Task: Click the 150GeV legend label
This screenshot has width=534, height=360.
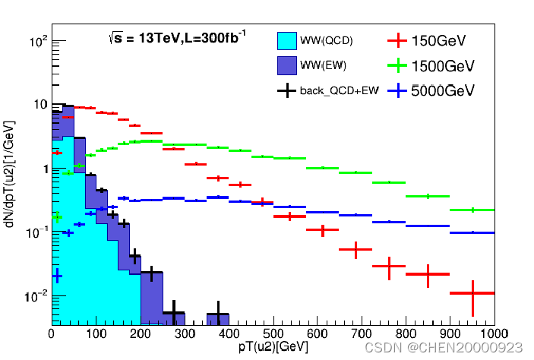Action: (438, 39)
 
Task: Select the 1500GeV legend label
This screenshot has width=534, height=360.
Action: (443, 65)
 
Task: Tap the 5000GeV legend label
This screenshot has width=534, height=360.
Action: (443, 90)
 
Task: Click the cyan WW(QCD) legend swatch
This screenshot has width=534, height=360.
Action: (286, 39)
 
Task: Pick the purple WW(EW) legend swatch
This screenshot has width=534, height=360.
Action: (286, 65)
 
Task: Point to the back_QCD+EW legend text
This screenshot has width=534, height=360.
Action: (339, 91)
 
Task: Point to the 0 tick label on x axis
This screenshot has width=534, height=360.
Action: (51, 332)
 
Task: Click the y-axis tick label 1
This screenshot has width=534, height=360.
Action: (43, 169)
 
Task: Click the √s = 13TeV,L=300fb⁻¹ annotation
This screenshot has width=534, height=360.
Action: (177, 37)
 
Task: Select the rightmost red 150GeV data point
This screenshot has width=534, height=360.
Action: (472, 293)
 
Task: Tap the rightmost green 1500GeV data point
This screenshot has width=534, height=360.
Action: (472, 210)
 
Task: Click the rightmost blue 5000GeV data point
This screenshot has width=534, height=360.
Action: (472, 232)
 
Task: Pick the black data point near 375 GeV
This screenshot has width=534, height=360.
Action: (218, 314)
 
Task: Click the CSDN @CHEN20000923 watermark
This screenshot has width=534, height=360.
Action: (444, 347)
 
